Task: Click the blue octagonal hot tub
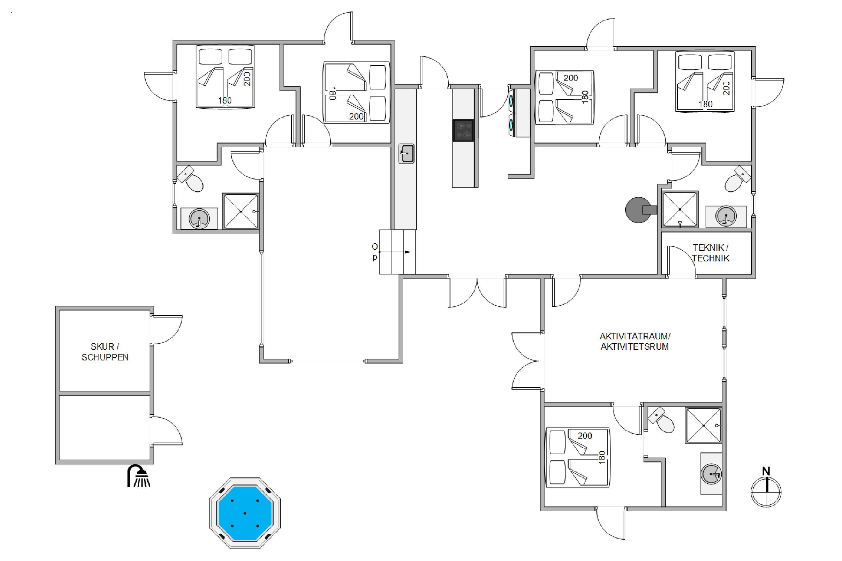click(x=245, y=513)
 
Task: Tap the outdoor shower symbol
click(x=139, y=476)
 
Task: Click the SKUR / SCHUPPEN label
click(x=105, y=352)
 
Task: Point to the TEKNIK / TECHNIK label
click(x=710, y=253)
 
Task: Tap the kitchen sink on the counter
click(x=406, y=154)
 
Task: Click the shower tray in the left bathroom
click(x=241, y=211)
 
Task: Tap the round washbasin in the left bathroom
click(x=199, y=218)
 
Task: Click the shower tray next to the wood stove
click(x=680, y=209)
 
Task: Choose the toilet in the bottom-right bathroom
click(x=661, y=420)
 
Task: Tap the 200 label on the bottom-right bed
click(x=585, y=436)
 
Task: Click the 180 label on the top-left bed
click(x=225, y=100)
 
